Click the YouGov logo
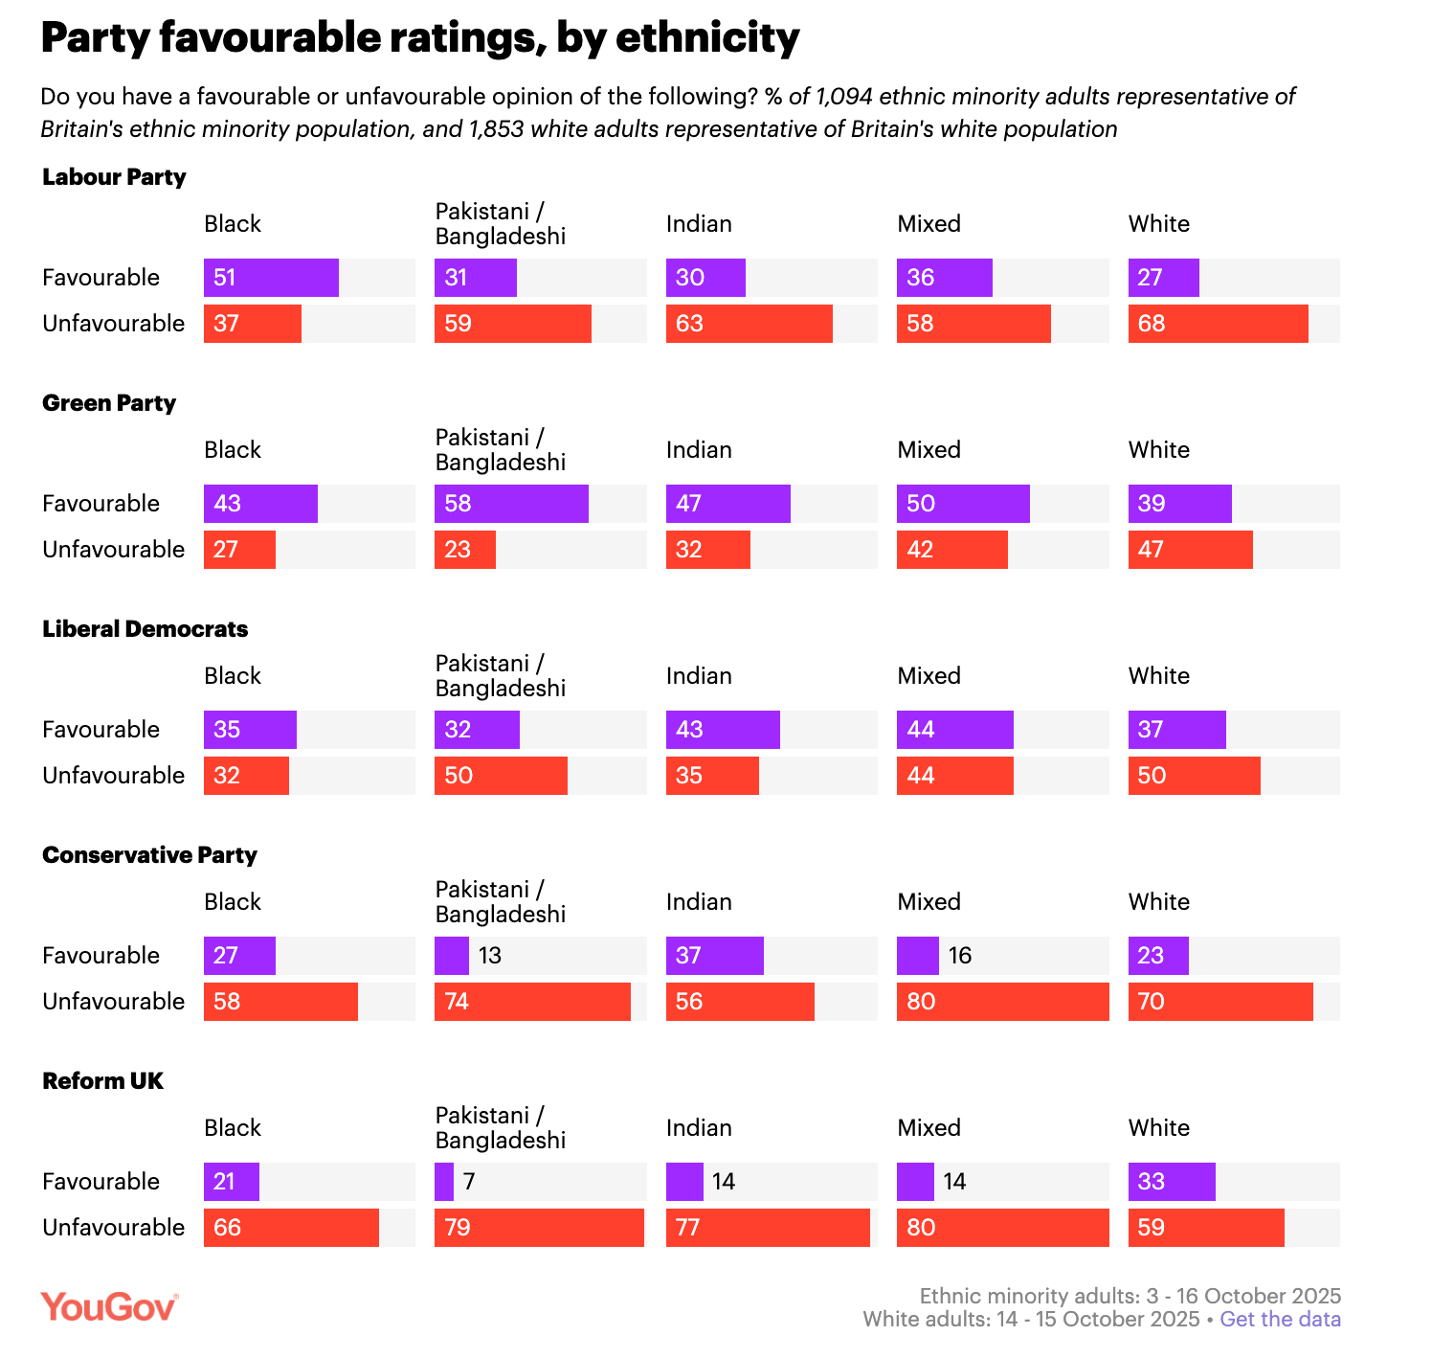pyautogui.click(x=109, y=1306)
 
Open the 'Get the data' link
pyautogui.click(x=1280, y=1320)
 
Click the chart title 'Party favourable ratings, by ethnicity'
pyautogui.click(x=420, y=38)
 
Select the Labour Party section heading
pyautogui.click(x=114, y=177)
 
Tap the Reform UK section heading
pyautogui.click(x=102, y=1081)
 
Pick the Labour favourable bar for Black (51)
pyautogui.click(x=271, y=278)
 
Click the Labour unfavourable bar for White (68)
pyautogui.click(x=1218, y=324)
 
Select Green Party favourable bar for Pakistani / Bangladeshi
pyautogui.click(x=511, y=504)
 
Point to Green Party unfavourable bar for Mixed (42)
pyautogui.click(x=951, y=550)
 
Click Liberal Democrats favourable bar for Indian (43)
pyautogui.click(x=723, y=730)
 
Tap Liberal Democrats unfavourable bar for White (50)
pyautogui.click(x=1194, y=776)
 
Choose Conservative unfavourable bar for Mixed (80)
pyautogui.click(x=1002, y=1002)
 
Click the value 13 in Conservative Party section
pyautogui.click(x=490, y=956)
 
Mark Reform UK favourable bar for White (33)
pyautogui.click(x=1172, y=1182)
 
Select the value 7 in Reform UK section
pyautogui.click(x=469, y=1182)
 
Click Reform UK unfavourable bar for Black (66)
pyautogui.click(x=291, y=1228)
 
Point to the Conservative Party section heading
pyautogui.click(x=149, y=855)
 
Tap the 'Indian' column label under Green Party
pyautogui.click(x=699, y=450)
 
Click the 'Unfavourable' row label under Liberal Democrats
pyautogui.click(x=113, y=776)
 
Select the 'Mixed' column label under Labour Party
pyautogui.click(x=929, y=224)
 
